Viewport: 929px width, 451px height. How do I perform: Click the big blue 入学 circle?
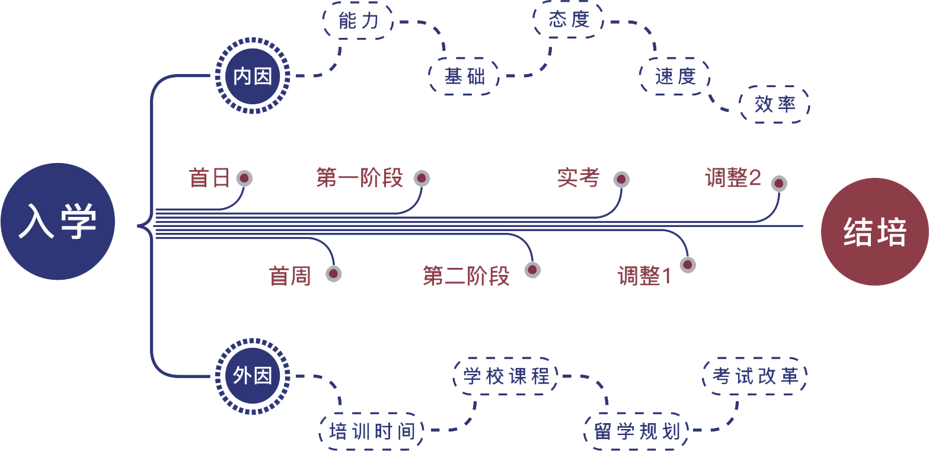(x=58, y=226)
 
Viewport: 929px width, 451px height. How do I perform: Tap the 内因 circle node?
(x=253, y=76)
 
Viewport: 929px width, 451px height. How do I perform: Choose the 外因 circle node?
(x=253, y=375)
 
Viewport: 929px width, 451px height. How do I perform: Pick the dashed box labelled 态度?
(x=568, y=21)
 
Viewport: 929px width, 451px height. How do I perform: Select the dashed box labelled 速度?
(x=675, y=76)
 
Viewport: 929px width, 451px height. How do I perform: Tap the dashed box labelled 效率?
(x=774, y=105)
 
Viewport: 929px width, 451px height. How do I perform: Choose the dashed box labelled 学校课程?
(x=506, y=376)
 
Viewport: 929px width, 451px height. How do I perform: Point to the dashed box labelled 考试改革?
(x=755, y=376)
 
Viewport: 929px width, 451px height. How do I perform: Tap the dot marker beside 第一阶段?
(x=422, y=178)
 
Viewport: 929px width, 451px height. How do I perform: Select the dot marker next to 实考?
(x=621, y=179)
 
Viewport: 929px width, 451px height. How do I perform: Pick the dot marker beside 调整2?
(x=779, y=184)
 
